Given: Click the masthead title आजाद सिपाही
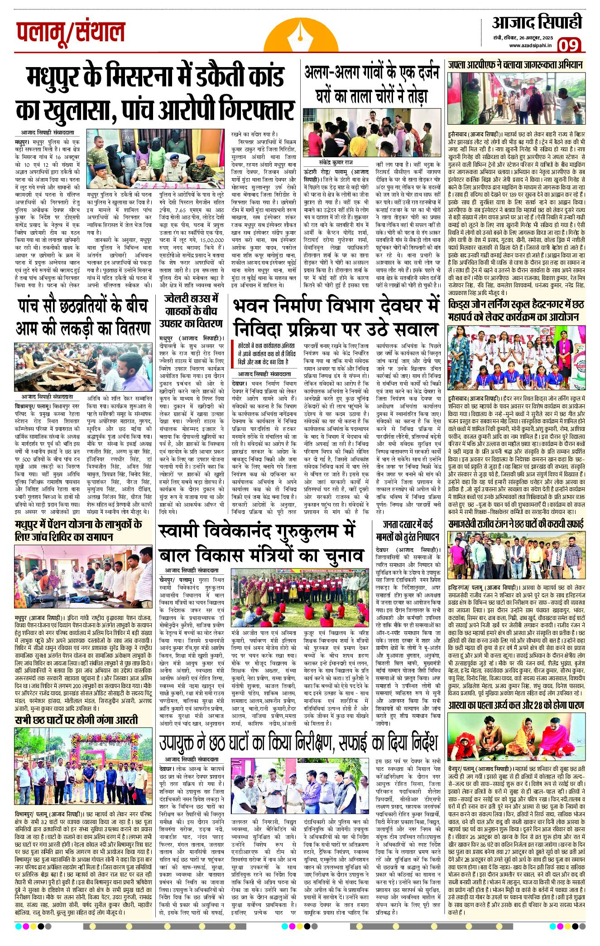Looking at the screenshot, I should pyautogui.click(x=537, y=22).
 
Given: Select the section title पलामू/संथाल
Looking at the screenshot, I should pyautogui.click(x=71, y=33).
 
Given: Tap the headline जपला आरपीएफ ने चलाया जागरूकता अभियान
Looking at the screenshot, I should pyautogui.click(x=515, y=65).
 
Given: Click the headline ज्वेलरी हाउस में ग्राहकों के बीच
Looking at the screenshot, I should pyautogui.click(x=191, y=311).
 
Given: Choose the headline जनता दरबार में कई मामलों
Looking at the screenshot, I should pyautogui.click(x=408, y=530).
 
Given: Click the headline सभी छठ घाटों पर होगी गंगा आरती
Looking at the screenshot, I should pyautogui.click(x=77, y=720).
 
